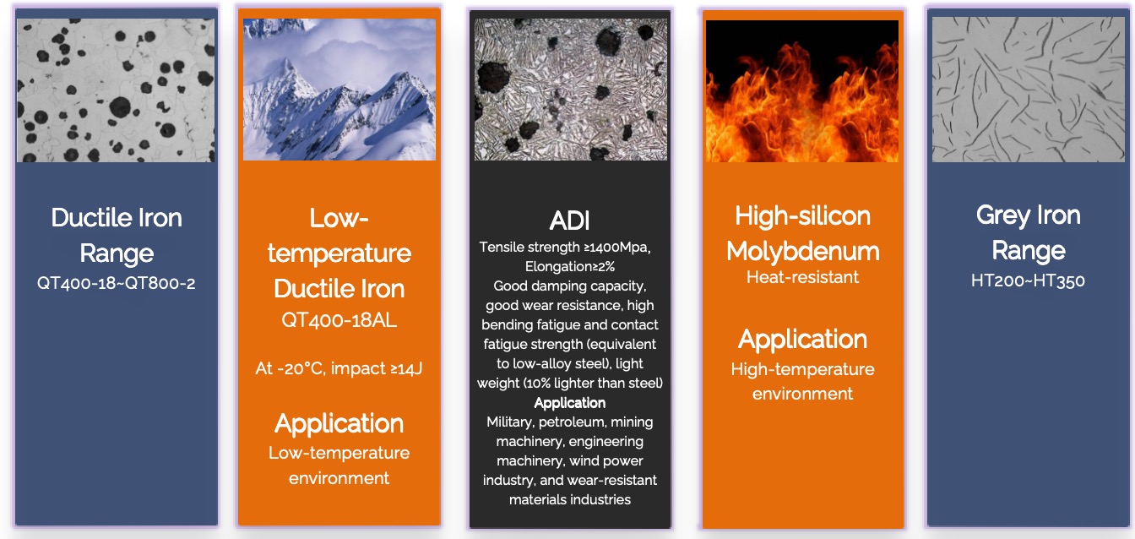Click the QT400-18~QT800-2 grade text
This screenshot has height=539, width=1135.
[x=116, y=283]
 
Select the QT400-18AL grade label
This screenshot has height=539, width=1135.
[x=339, y=320]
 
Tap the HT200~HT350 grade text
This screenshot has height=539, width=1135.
[x=1028, y=281]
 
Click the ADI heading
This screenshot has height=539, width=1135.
[x=569, y=220]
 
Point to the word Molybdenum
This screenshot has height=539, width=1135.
[x=802, y=252]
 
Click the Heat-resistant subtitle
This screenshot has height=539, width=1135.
[x=802, y=277]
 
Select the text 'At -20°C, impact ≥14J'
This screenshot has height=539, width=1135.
[x=339, y=368]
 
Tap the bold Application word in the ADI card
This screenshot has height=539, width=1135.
[x=569, y=403]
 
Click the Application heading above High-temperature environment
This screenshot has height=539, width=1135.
[x=802, y=340]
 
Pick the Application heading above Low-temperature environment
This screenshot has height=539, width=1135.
[x=339, y=423]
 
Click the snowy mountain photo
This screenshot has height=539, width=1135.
[x=339, y=90]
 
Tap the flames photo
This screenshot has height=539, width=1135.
[x=802, y=91]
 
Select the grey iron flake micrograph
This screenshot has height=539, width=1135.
[x=1028, y=90]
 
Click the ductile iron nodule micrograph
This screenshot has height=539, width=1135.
[x=116, y=90]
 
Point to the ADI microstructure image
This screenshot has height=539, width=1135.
[x=571, y=90]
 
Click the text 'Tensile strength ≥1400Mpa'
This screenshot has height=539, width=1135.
[x=563, y=248]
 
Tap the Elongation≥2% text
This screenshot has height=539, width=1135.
[x=569, y=267]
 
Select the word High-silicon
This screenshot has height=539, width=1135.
[x=802, y=216]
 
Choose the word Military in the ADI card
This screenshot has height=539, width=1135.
[x=509, y=422]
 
